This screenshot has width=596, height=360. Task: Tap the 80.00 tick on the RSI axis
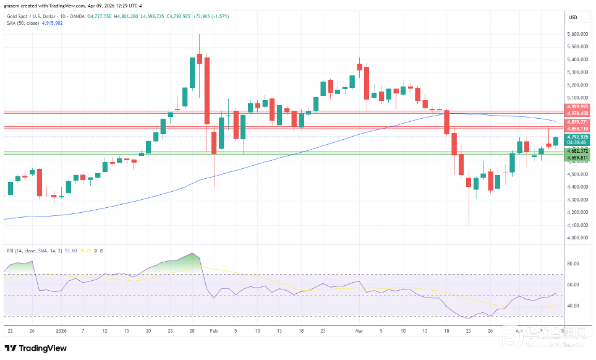pyautogui.click(x=574, y=264)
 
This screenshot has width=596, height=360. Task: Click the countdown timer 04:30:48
pyautogui.click(x=577, y=142)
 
